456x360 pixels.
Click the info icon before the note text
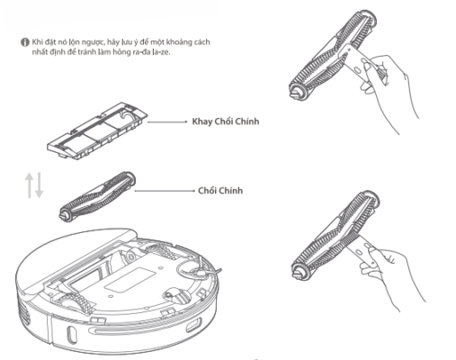point(24,42)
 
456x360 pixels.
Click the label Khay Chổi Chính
point(226,121)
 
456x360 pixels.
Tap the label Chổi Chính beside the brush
point(220,191)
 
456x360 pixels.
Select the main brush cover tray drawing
point(97,130)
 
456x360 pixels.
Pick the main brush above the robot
point(97,196)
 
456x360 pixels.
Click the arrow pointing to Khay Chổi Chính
point(167,121)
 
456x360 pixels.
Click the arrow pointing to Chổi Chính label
point(165,191)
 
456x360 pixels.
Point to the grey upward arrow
point(30,185)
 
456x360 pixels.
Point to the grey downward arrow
point(39,185)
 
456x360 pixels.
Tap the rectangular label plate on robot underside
point(130,280)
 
